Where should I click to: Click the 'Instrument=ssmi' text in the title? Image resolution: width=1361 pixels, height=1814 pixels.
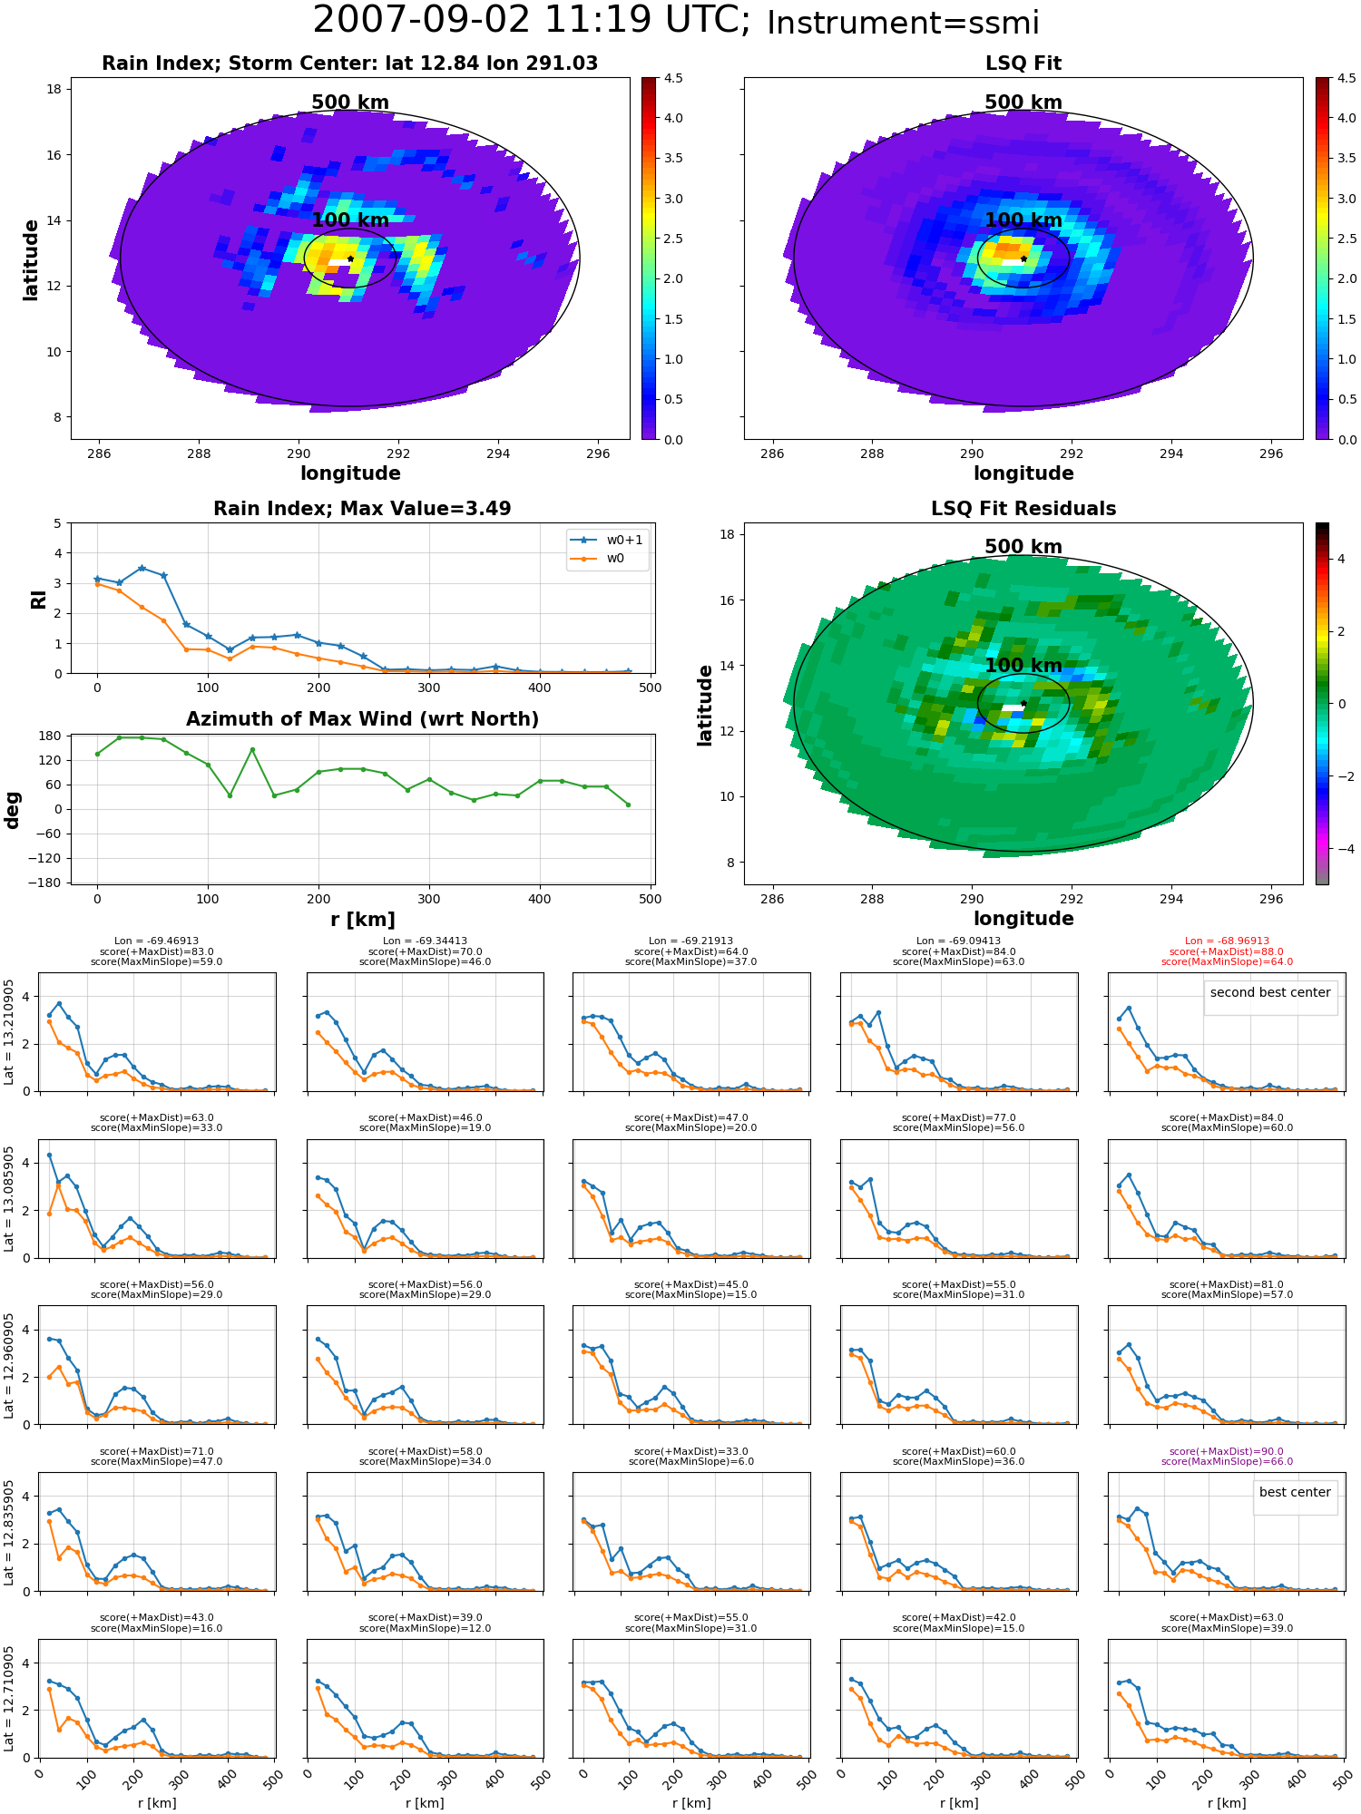903,23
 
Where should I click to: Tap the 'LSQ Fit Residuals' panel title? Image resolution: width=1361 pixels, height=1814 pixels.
1023,509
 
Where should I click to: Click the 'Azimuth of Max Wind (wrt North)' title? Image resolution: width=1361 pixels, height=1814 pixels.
362,719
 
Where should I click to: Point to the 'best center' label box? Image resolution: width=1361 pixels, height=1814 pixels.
1295,1492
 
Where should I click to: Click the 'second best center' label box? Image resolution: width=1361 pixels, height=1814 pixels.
1270,992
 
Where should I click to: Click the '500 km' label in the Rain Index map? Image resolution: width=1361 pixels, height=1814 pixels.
350,102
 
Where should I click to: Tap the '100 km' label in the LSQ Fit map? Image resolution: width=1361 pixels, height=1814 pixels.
1023,220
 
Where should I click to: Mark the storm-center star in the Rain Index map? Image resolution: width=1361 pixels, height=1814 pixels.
350,258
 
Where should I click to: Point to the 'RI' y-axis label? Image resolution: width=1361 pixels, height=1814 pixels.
38,599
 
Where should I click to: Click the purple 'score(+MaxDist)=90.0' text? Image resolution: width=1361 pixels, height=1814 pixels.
1227,1451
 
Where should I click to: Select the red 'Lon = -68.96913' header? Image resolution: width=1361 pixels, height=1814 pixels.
1227,941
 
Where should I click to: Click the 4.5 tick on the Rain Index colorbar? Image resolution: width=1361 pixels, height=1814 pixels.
673,78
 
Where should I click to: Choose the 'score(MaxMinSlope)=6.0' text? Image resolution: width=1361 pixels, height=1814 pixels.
691,1461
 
